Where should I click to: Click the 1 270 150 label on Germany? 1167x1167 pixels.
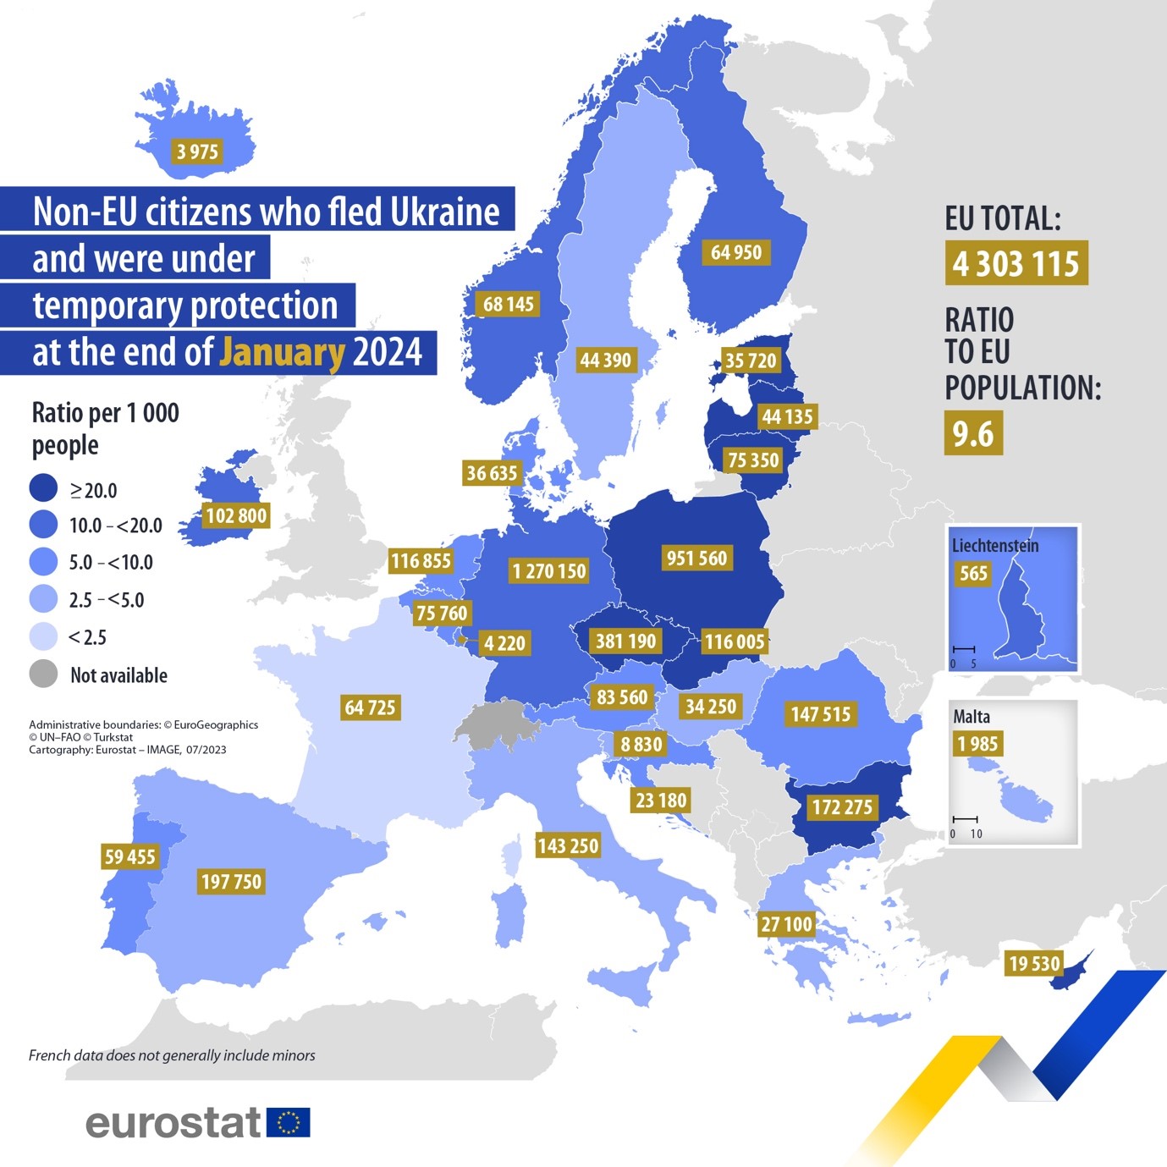point(548,571)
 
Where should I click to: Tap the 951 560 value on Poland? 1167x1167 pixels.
point(696,558)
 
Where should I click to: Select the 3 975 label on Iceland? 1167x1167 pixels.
point(197,151)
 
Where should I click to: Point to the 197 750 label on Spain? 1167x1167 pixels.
point(231,882)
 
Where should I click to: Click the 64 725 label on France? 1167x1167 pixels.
point(370,707)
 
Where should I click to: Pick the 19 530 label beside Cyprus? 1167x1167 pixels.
point(1033,964)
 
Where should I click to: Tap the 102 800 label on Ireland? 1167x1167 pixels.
point(235,515)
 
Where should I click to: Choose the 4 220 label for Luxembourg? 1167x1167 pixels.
point(504,643)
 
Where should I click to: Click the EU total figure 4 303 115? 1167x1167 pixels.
point(1016,263)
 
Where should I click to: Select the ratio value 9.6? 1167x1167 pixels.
point(973,433)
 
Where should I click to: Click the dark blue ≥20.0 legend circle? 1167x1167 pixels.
point(43,488)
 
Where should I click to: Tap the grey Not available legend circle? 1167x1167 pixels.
point(43,674)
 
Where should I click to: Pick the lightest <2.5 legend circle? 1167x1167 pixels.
point(43,636)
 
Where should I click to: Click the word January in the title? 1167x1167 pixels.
point(282,352)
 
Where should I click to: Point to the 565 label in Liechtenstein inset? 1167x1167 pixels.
point(973,573)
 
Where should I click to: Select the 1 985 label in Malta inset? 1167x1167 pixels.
point(977,744)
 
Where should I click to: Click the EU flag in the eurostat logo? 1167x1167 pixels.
point(289,1122)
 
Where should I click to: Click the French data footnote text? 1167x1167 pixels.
point(172,1055)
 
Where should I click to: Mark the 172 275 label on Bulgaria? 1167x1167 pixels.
point(841,807)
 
